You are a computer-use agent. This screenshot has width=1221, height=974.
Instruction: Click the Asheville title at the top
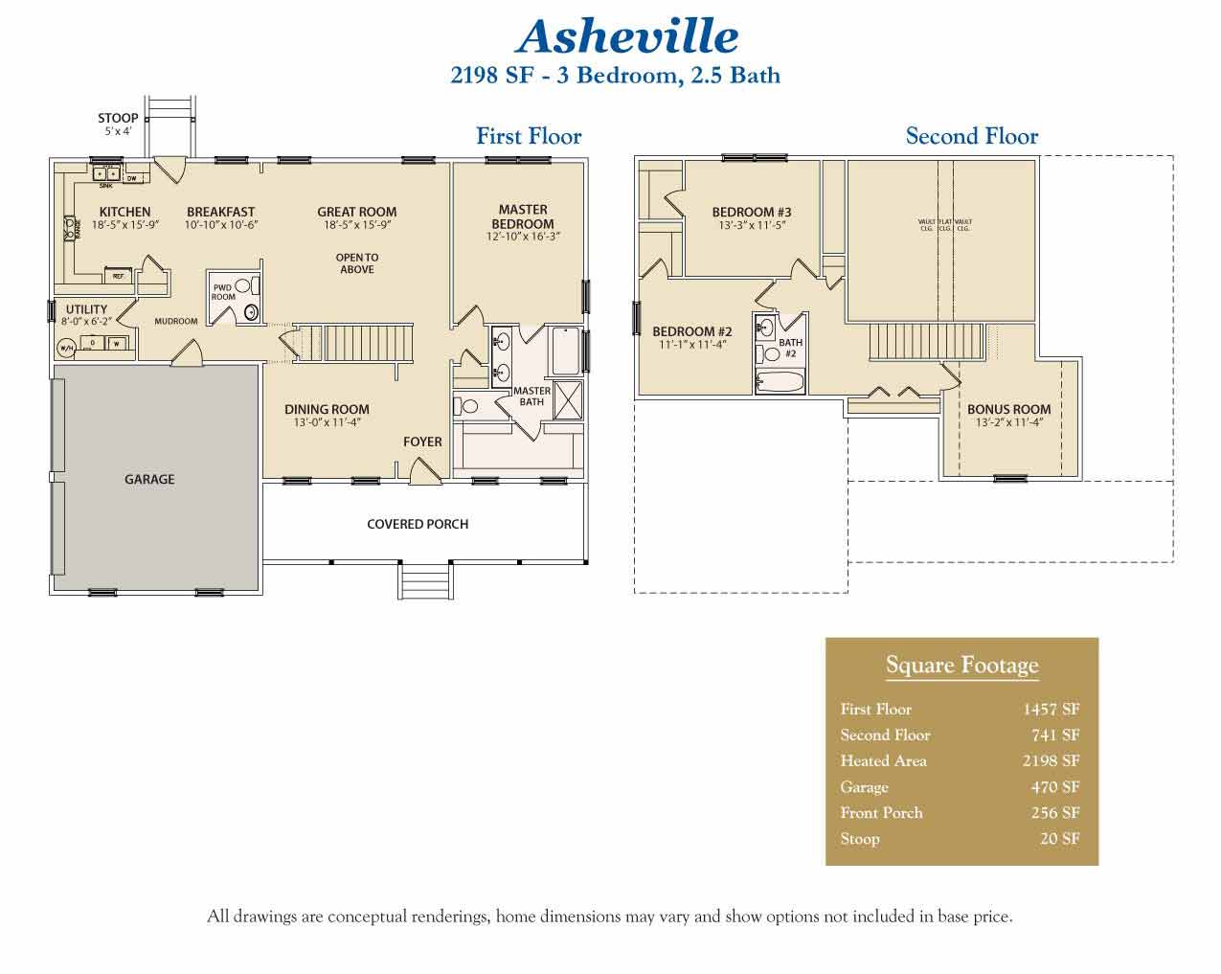click(x=627, y=37)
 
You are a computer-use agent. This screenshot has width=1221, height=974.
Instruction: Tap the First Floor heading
click(x=529, y=137)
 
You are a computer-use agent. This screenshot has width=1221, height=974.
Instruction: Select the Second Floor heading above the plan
click(x=971, y=137)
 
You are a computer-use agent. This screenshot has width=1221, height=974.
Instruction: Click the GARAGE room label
click(x=149, y=479)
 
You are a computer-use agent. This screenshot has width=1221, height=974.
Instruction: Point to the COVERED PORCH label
click(x=418, y=524)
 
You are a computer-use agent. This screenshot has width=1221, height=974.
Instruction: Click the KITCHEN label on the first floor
click(x=124, y=212)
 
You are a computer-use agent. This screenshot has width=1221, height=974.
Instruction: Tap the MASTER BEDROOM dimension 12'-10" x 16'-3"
click(x=523, y=237)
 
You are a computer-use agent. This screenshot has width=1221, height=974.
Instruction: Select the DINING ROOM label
click(x=327, y=409)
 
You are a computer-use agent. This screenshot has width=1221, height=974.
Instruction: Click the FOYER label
click(x=422, y=442)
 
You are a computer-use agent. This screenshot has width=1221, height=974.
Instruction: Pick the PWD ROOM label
click(x=223, y=292)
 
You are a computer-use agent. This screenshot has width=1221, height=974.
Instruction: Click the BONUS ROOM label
click(x=1008, y=409)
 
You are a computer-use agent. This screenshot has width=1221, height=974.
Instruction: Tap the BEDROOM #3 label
click(x=752, y=213)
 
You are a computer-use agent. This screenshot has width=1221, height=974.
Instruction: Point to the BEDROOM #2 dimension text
click(x=692, y=345)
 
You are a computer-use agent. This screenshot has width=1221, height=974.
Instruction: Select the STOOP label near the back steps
click(x=118, y=119)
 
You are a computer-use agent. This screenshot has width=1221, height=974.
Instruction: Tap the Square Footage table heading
click(x=961, y=666)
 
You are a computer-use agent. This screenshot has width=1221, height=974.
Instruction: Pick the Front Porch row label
click(x=881, y=813)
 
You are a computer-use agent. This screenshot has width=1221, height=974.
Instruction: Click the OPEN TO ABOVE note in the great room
click(x=357, y=263)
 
